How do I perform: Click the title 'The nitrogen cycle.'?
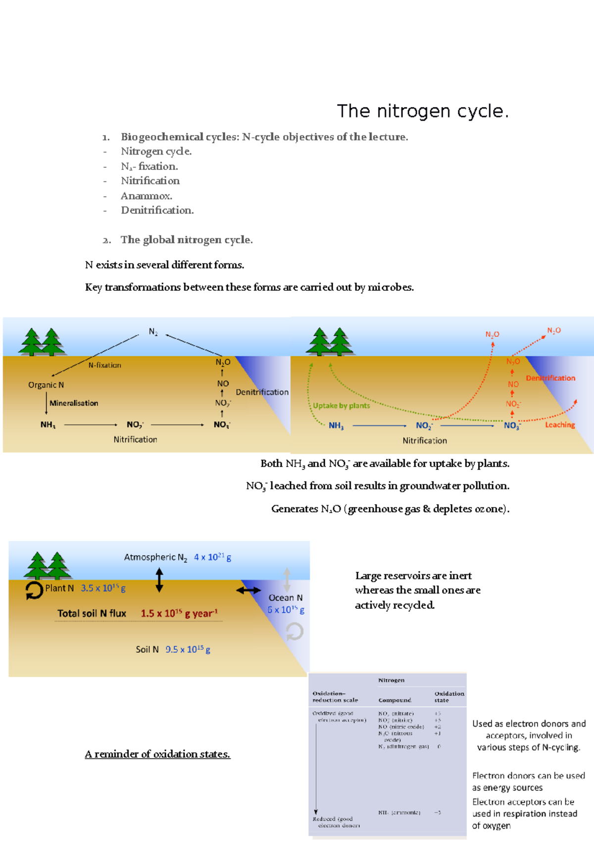click(422, 111)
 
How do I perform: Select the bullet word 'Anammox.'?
click(147, 196)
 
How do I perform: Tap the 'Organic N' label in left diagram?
click(46, 385)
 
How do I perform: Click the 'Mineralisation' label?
click(74, 403)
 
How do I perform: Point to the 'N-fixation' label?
click(104, 365)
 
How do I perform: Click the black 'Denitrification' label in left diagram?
click(262, 392)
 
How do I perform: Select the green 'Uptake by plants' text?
click(341, 406)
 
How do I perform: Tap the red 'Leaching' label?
click(560, 424)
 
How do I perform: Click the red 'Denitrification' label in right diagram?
click(550, 378)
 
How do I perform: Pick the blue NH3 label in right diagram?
click(336, 425)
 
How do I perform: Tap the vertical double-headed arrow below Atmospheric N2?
click(159, 580)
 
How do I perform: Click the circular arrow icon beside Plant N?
click(34, 590)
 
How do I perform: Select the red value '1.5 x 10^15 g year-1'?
click(179, 613)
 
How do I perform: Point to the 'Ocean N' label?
click(286, 598)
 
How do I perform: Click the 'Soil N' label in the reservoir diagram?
click(147, 649)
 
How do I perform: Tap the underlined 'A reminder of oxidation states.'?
click(157, 754)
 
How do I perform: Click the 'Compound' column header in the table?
click(395, 700)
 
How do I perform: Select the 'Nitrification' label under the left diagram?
click(135, 439)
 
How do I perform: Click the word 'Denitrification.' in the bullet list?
click(157, 210)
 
